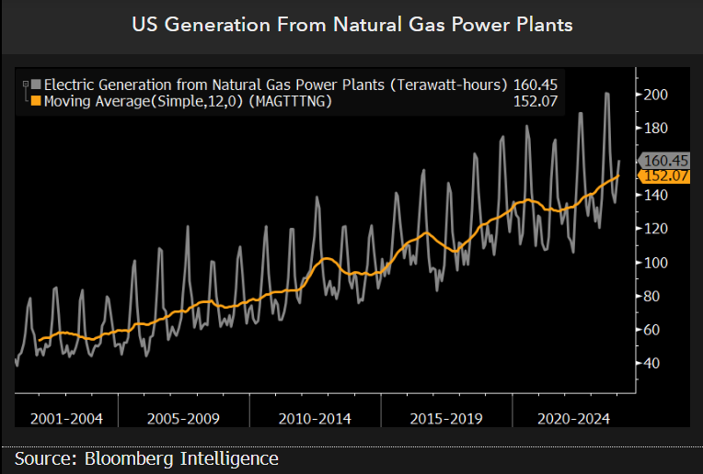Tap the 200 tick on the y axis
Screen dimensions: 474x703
[x=656, y=95]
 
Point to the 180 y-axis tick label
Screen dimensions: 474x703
[x=656, y=128]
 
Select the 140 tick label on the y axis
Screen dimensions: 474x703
[x=656, y=195]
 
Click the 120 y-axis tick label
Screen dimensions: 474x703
[x=656, y=229]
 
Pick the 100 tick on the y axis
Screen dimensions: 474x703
[x=656, y=263]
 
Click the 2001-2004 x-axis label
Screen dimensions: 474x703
[x=66, y=419]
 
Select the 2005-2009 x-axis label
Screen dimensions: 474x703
[x=182, y=419]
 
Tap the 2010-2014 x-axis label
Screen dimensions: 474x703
[x=314, y=419]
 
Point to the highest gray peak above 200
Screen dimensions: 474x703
[x=606, y=93]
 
